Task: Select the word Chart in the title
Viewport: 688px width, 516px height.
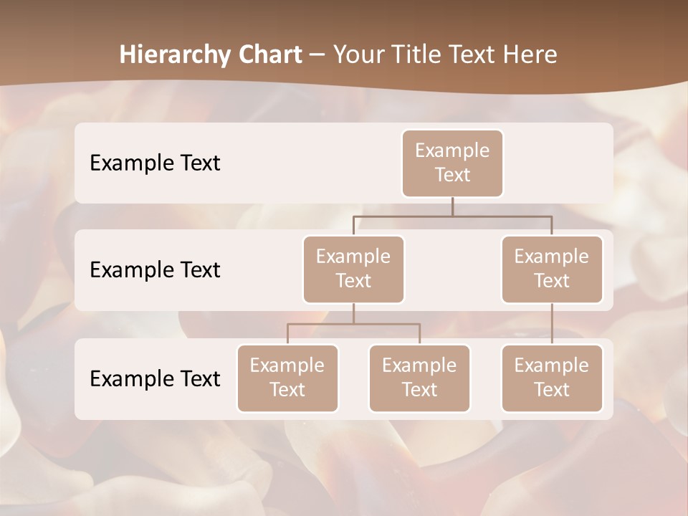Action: point(268,54)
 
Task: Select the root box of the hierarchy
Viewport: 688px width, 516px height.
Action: point(452,163)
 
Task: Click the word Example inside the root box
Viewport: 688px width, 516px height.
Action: point(452,150)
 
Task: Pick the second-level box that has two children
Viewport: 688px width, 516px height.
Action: point(353,269)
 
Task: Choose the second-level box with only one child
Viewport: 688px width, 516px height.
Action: point(552,269)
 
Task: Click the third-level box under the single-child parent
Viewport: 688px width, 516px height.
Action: point(552,378)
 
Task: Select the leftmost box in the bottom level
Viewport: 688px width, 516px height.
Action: point(287,378)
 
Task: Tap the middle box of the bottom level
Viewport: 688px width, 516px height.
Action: point(419,378)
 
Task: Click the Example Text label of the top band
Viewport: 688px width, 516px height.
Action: point(155,163)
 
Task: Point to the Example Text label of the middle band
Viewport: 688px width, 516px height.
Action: point(155,269)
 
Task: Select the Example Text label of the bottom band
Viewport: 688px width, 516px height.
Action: point(155,378)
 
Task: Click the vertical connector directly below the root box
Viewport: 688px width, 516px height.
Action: point(452,206)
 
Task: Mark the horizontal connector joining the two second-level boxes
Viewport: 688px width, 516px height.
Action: point(452,215)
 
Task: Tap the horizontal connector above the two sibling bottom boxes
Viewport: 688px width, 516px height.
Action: point(353,324)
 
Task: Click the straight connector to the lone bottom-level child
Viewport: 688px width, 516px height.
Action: point(552,324)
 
